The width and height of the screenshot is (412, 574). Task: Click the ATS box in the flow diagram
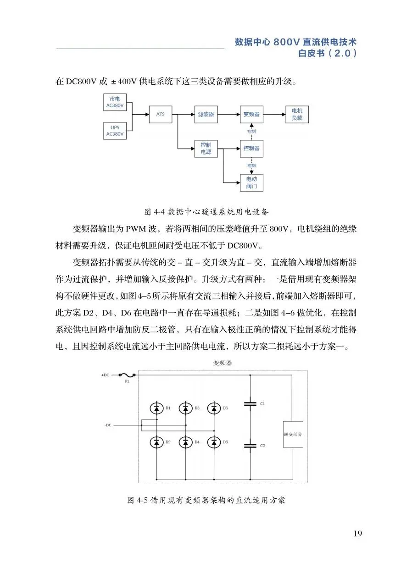click(160, 114)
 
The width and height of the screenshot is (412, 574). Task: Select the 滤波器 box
click(206, 114)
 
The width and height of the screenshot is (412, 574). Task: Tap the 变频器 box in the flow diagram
click(251, 114)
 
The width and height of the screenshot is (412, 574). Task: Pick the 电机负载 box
click(297, 114)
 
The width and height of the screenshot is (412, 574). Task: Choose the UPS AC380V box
click(115, 131)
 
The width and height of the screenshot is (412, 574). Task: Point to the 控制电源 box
click(206, 148)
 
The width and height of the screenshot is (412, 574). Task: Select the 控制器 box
click(251, 149)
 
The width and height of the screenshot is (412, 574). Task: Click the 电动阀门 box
click(251, 182)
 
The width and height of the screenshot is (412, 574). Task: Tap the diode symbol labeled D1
click(156, 408)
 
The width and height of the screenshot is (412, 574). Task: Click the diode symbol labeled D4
click(185, 442)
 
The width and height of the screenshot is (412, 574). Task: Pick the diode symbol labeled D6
click(213, 442)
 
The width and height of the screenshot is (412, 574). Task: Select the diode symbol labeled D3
click(185, 408)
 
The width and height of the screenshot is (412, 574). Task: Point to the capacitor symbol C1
click(250, 404)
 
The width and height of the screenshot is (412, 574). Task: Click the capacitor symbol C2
click(250, 445)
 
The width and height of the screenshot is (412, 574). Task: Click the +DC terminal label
click(105, 375)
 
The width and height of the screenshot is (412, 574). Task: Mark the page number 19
click(358, 533)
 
